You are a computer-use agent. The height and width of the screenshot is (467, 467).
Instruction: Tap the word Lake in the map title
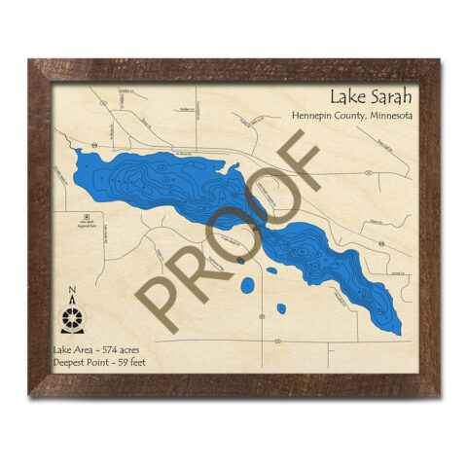[x=345, y=96]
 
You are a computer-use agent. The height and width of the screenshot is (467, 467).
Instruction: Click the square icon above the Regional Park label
[x=87, y=216]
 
